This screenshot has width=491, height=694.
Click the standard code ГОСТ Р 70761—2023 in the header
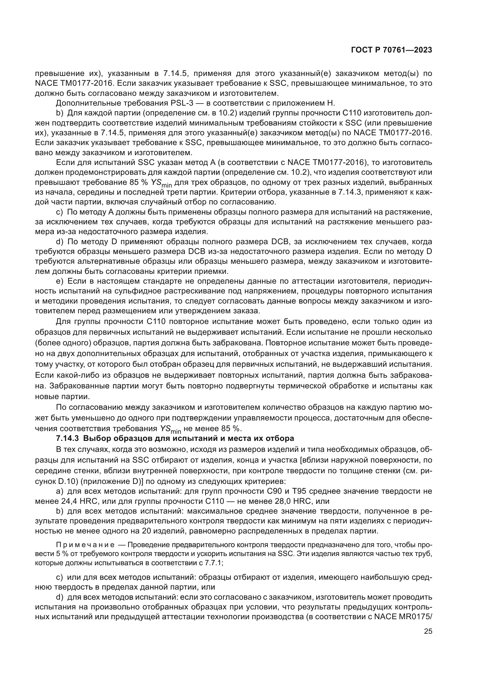point(391,50)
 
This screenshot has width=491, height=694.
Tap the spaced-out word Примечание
point(85,545)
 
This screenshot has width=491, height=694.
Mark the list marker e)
point(60,281)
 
